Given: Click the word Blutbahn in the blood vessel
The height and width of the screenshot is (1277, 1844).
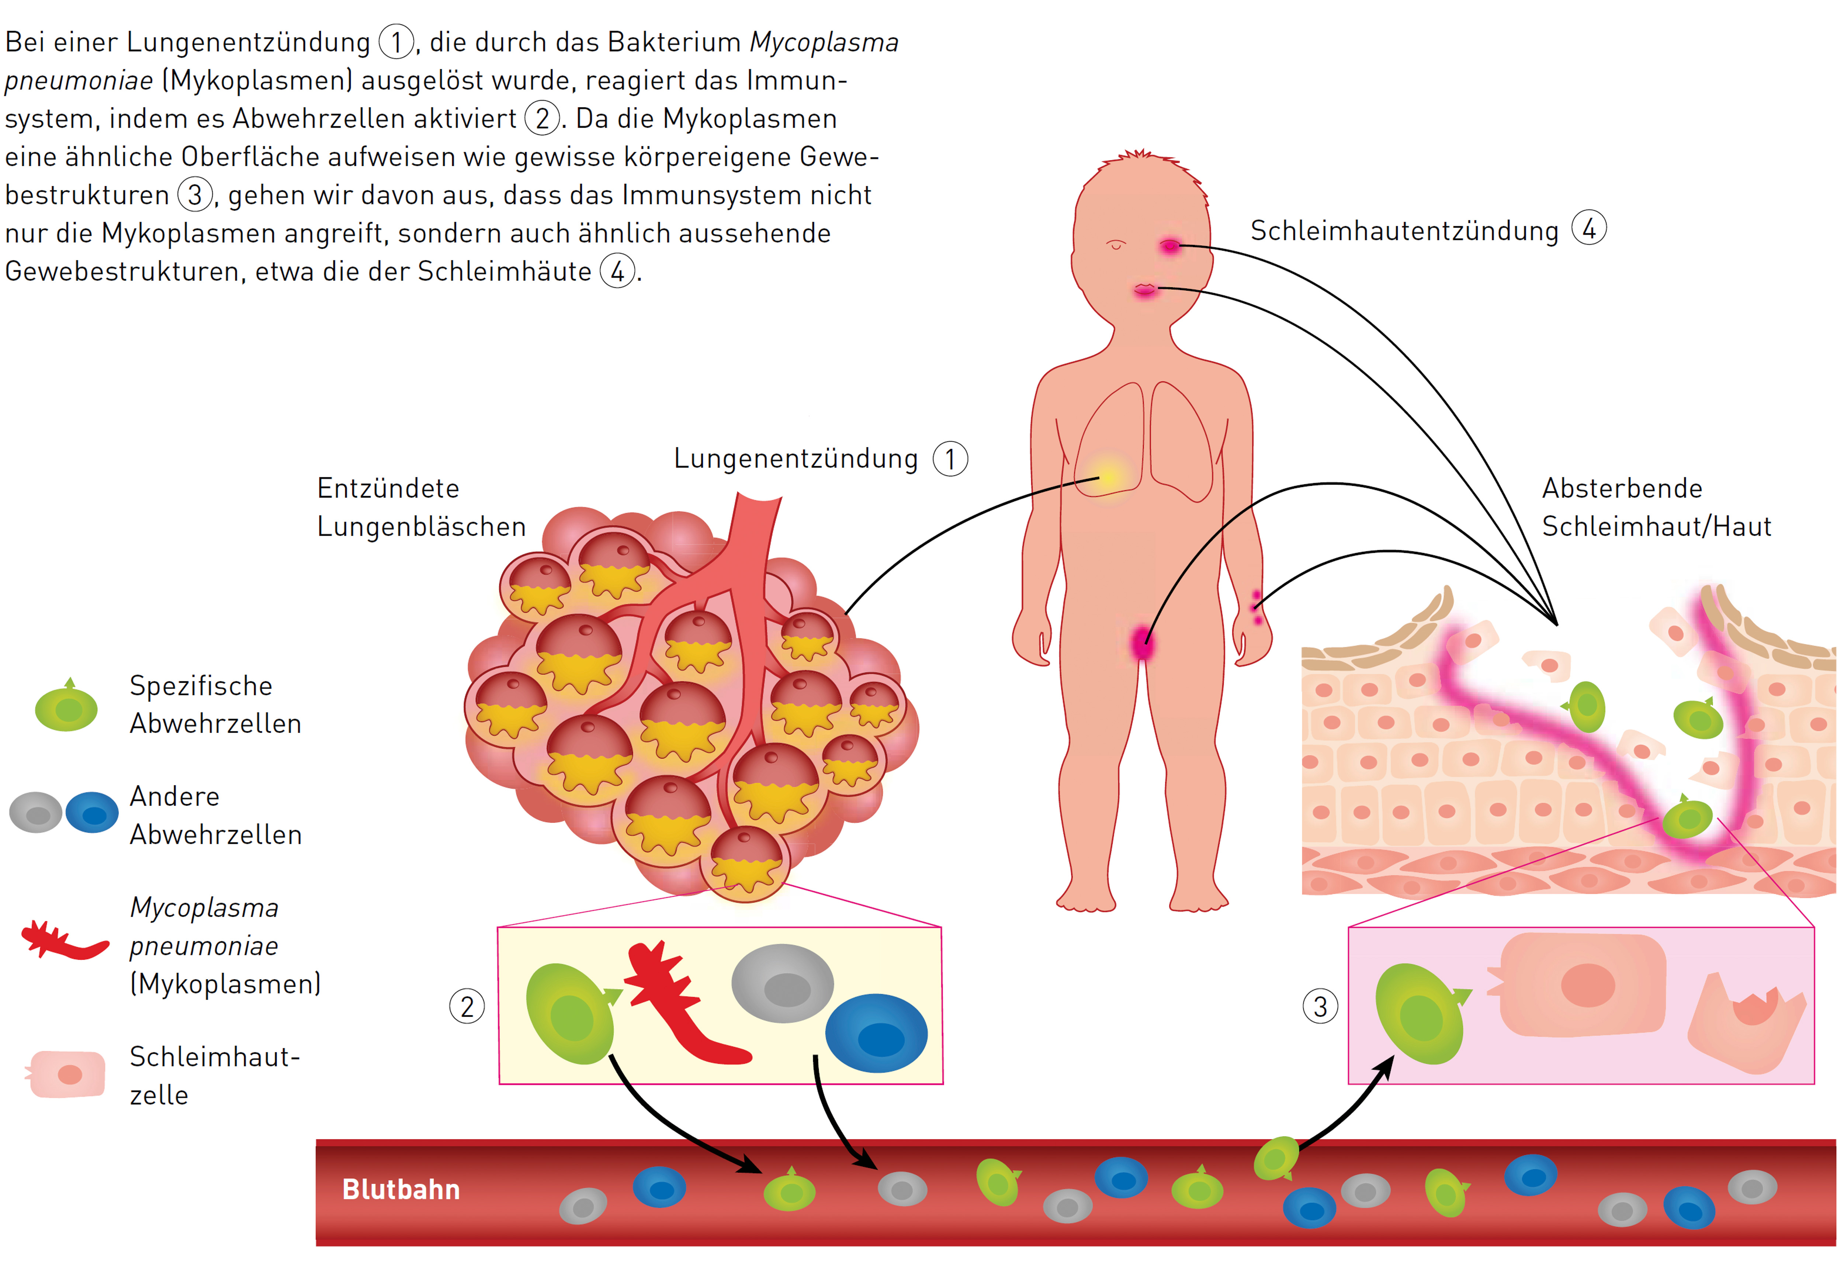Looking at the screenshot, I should tap(401, 1190).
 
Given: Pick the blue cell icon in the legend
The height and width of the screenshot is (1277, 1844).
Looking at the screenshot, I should tap(92, 813).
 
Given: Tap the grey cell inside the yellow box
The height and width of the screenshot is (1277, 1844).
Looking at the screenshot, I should tap(782, 983).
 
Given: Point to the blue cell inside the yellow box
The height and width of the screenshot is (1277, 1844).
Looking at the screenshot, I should tap(877, 1033).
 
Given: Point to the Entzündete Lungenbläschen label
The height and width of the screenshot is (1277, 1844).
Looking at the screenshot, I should tap(421, 507).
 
